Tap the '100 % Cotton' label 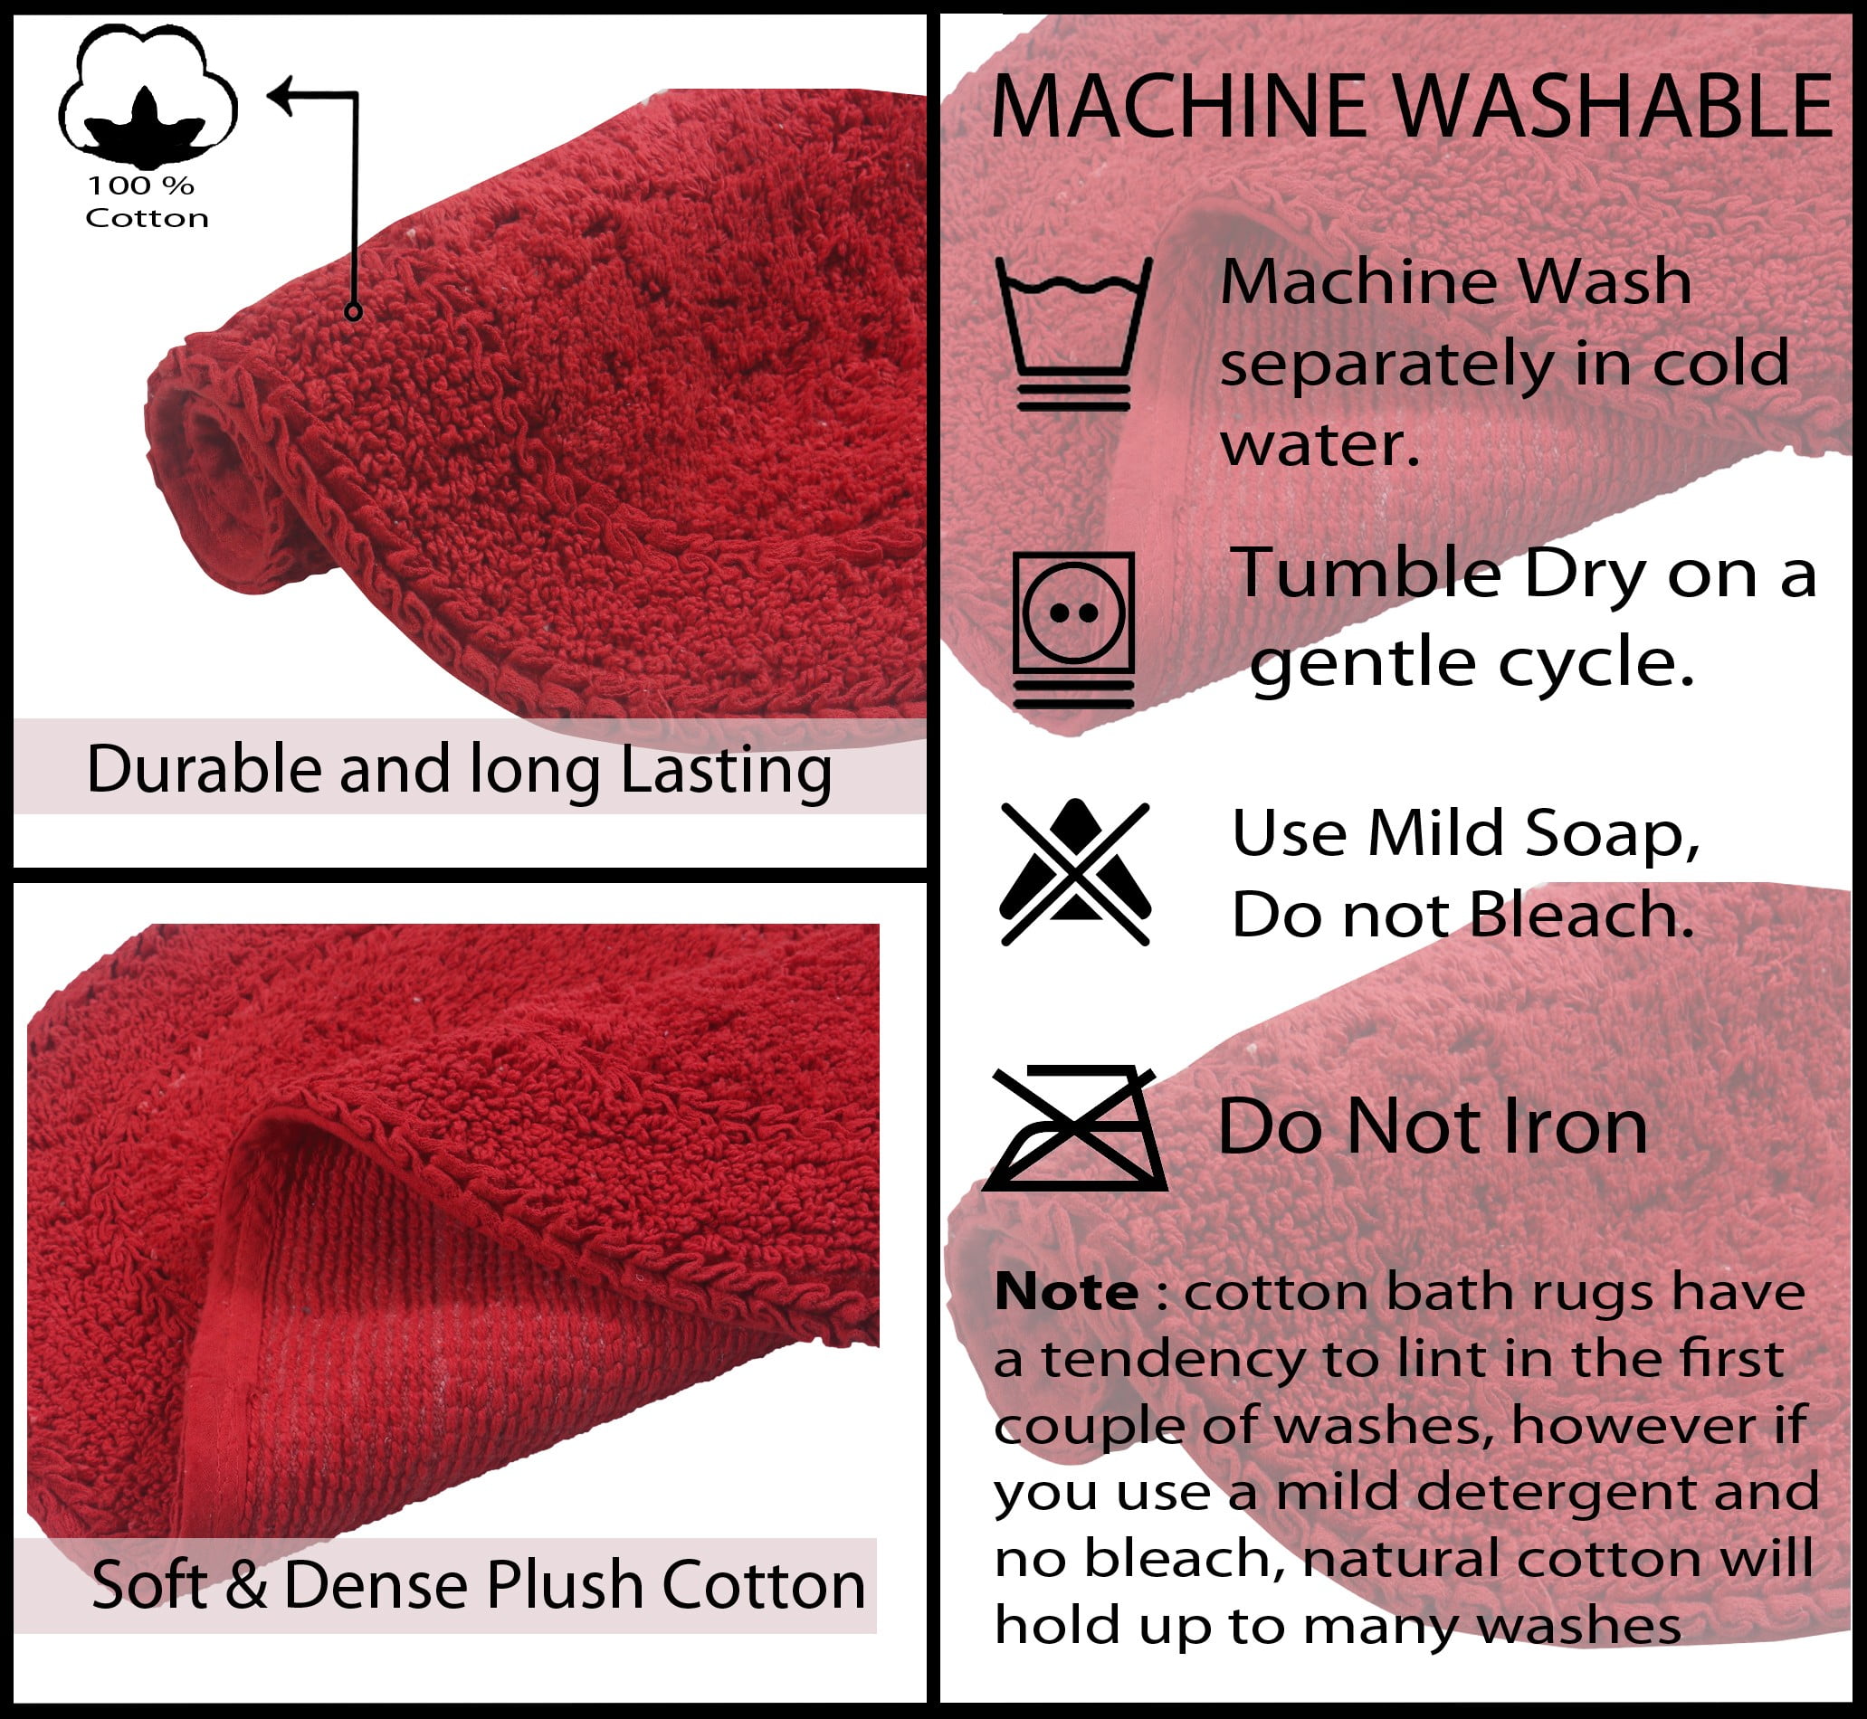[x=146, y=202]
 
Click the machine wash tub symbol [x=1073, y=333]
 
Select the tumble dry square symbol [x=1073, y=630]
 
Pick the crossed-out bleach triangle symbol [x=1074, y=872]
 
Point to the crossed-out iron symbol [x=1074, y=1127]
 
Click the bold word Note [x=1066, y=1292]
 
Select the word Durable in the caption [x=204, y=769]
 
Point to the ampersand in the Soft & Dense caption [x=245, y=1585]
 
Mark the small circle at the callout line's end [x=353, y=311]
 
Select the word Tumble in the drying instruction [x=1367, y=573]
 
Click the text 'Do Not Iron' [x=1433, y=1126]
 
